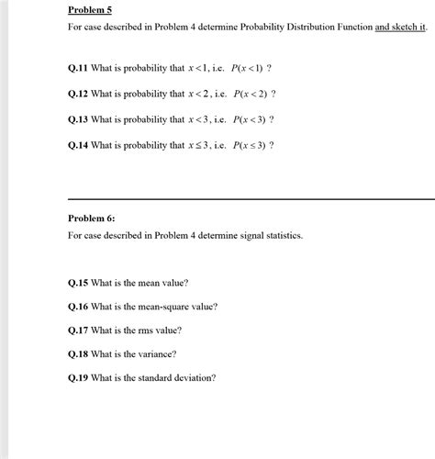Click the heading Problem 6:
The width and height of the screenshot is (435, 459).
pos(94,218)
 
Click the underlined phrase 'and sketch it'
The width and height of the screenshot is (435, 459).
pos(401,28)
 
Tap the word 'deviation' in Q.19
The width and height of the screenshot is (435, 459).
pos(192,377)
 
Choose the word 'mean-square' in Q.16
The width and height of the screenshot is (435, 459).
pos(167,307)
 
